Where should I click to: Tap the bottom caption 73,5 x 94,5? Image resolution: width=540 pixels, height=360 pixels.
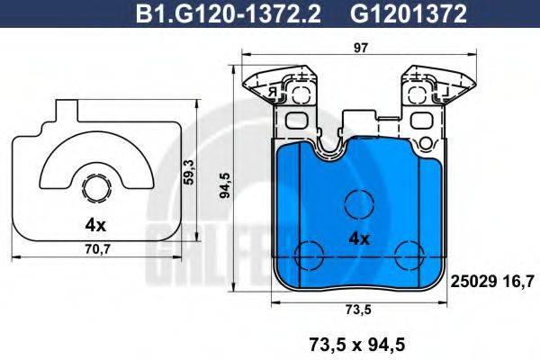358,343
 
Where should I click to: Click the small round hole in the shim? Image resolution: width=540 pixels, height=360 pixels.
95,188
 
